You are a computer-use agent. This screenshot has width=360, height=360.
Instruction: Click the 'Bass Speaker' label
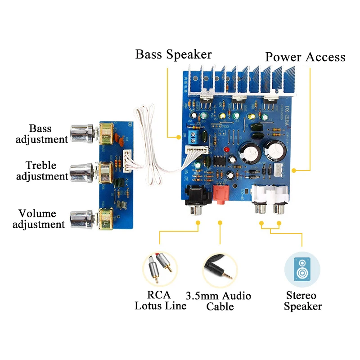[173, 54]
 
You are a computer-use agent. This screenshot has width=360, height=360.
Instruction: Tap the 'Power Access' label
[305, 57]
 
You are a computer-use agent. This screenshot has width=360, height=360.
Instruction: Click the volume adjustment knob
[81, 219]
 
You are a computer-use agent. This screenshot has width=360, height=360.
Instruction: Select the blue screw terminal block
[195, 135]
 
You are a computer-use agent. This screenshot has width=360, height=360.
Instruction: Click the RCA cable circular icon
[160, 270]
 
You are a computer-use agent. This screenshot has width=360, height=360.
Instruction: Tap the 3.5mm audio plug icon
[220, 270]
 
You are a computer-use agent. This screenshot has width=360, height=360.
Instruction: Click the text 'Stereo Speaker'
[301, 301]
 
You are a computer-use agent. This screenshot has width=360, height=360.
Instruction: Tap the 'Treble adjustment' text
[41, 171]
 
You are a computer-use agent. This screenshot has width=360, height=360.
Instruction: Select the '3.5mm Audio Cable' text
[219, 301]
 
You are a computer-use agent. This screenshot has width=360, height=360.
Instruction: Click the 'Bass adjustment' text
[41, 134]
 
